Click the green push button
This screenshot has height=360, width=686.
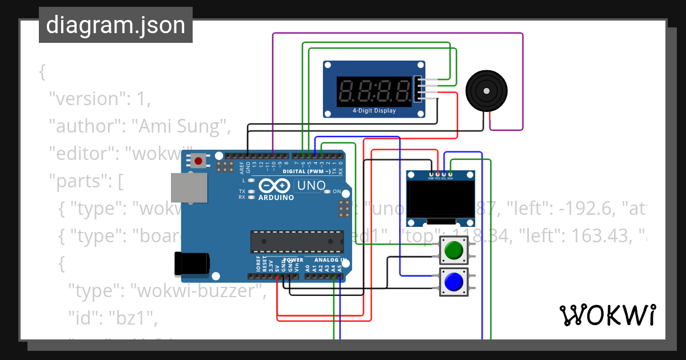click(453, 250)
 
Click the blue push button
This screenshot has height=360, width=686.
click(453, 282)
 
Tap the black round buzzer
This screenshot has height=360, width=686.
click(486, 90)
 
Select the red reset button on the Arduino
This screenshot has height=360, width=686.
click(198, 161)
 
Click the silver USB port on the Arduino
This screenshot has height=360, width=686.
click(189, 188)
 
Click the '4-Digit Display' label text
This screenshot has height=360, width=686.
click(374, 111)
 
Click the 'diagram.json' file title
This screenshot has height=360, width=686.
click(115, 25)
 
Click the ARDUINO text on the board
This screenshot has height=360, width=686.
click(276, 198)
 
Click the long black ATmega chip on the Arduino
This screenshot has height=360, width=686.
click(297, 242)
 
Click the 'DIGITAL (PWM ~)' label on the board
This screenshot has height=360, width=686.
click(306, 171)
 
